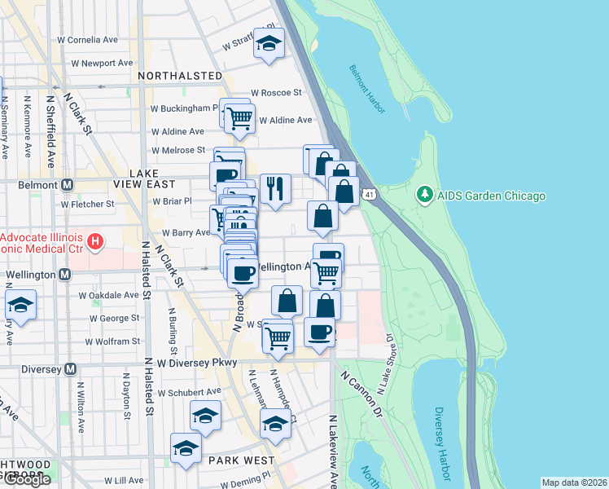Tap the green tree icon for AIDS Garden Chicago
pyautogui.click(x=423, y=196)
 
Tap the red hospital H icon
pyautogui.click(x=96, y=241)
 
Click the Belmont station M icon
pyautogui.click(x=68, y=185)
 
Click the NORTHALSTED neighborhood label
pyautogui.click(x=180, y=76)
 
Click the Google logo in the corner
pyautogui.click(x=27, y=479)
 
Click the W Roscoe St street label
pyautogui.click(x=276, y=93)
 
